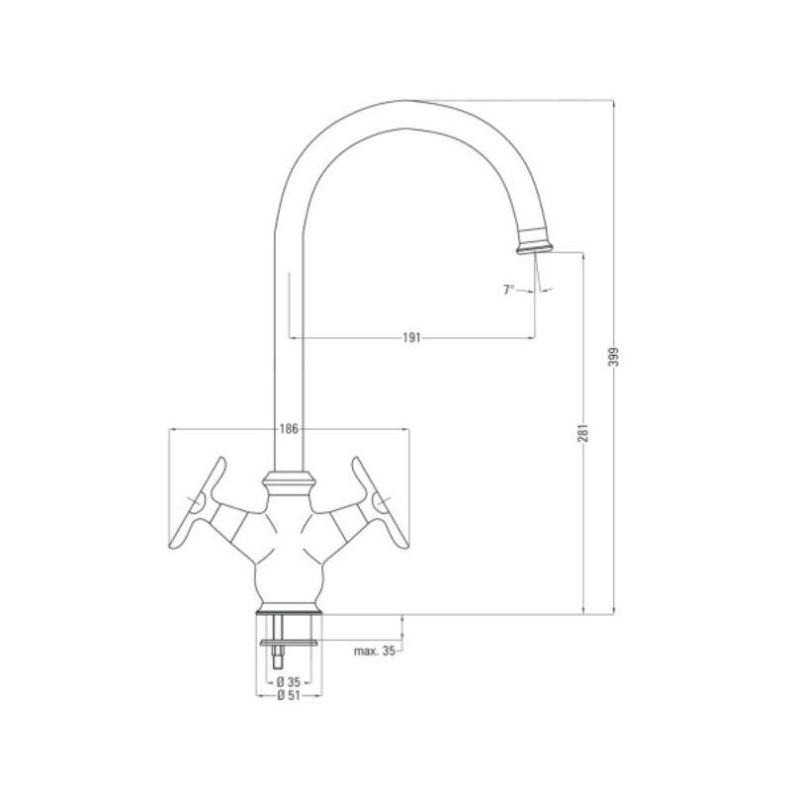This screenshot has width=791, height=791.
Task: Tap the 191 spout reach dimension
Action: tap(412, 338)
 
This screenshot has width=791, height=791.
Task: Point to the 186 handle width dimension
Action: tap(289, 429)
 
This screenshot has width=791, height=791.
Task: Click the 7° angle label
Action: tap(509, 290)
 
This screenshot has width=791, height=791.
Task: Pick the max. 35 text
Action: tap(375, 652)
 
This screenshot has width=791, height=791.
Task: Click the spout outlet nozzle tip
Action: tap(535, 240)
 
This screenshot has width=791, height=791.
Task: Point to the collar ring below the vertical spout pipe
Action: tap(289, 483)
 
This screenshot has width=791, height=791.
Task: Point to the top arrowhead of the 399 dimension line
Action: tap(613, 103)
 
